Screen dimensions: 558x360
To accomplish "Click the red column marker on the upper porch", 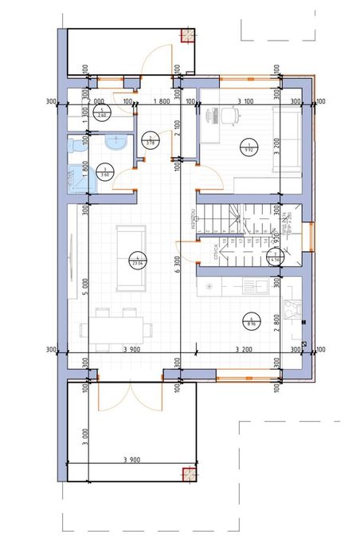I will pyautogui.click(x=188, y=35).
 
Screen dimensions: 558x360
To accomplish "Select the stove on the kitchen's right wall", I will pyautogui.click(x=295, y=306).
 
